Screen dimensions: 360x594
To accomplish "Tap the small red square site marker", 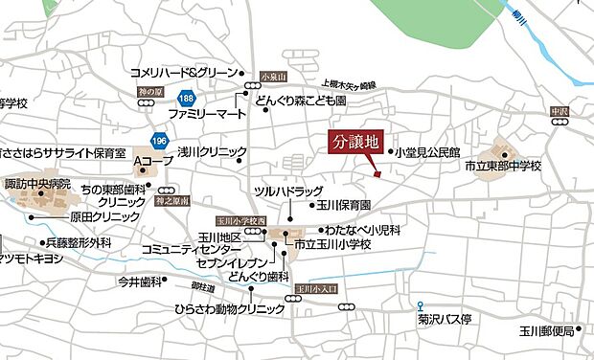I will (x=377, y=174).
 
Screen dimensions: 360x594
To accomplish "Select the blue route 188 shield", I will (x=186, y=99).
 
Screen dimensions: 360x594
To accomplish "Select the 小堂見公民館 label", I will (x=428, y=151).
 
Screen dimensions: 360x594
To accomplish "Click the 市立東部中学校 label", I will (x=503, y=167).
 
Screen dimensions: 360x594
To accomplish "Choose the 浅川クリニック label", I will (x=212, y=151).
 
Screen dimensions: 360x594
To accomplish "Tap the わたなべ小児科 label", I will (x=362, y=230).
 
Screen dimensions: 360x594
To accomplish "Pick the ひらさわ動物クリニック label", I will (x=230, y=309).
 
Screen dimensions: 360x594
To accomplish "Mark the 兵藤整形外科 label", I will (x=80, y=243).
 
